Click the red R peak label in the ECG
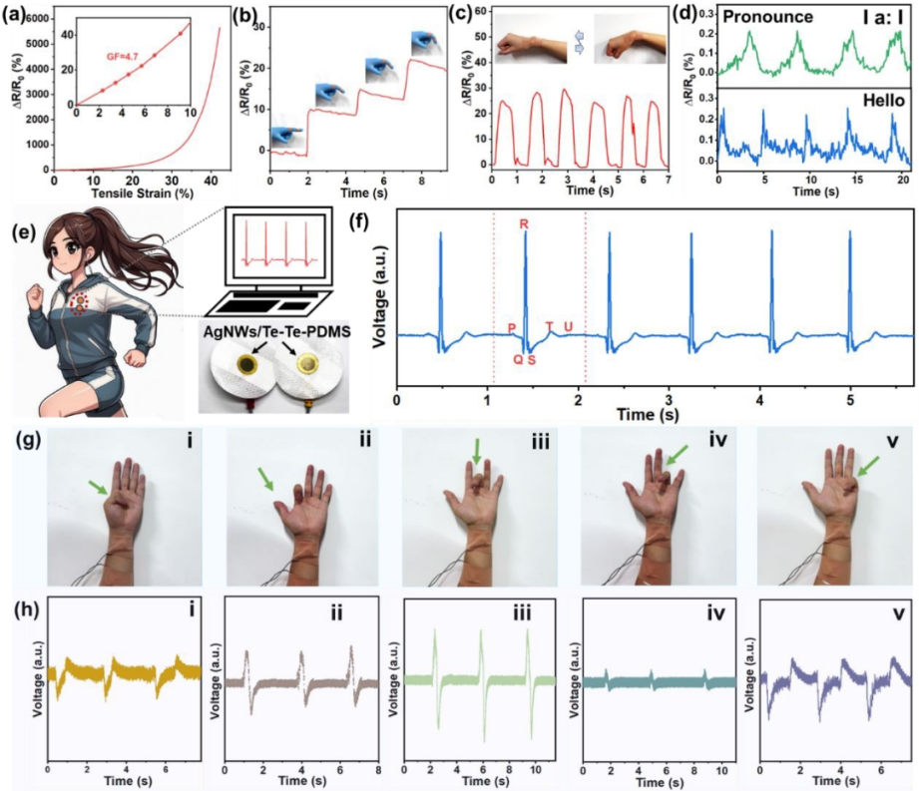pyautogui.click(x=524, y=224)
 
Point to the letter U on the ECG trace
pyautogui.click(x=569, y=326)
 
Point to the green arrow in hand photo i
pyautogui.click(x=96, y=486)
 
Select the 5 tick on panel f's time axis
pyautogui.click(x=849, y=399)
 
